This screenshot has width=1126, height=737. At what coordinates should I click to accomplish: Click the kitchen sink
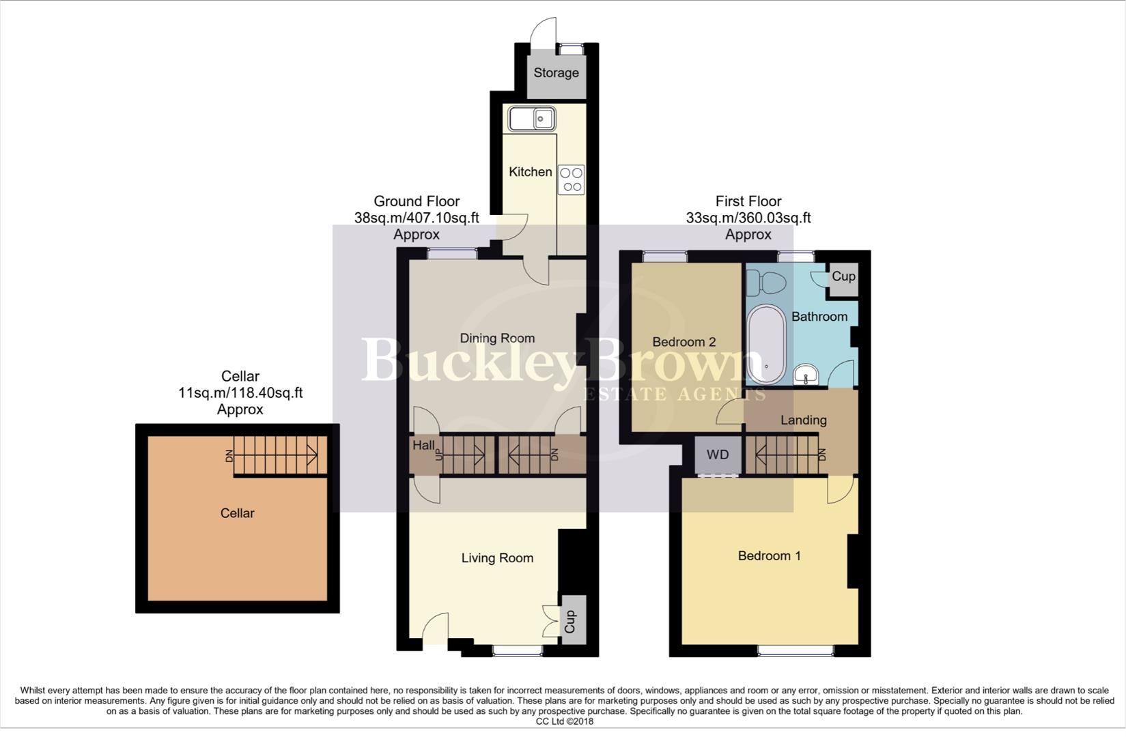[x=531, y=119]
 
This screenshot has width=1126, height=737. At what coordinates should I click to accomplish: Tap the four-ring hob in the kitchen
[x=571, y=179]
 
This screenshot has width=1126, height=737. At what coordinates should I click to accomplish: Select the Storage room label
[x=556, y=73]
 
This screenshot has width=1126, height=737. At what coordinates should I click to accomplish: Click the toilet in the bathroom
[x=766, y=282]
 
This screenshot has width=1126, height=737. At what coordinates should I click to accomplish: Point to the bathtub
[x=767, y=345]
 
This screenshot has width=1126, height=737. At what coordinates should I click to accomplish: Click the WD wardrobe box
[x=718, y=455]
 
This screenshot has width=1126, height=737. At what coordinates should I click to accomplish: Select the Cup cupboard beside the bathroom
[x=843, y=277]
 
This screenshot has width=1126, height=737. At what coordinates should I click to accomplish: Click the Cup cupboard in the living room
[x=571, y=621]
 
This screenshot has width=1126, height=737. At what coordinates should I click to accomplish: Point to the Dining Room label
[x=497, y=338]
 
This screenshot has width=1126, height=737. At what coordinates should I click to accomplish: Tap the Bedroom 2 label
[x=684, y=342]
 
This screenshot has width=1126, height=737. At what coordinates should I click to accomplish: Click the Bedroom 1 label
[x=769, y=556]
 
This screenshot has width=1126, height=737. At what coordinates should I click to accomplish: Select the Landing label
[x=803, y=420]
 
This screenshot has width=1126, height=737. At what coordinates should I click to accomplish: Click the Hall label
[x=423, y=446]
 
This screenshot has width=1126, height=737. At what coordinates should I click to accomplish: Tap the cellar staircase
[x=276, y=455]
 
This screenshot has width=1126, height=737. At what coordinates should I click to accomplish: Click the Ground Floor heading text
[x=417, y=201]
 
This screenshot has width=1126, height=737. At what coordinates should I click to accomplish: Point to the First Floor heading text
[x=748, y=201]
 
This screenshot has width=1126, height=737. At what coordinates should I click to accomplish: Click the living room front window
[x=518, y=651]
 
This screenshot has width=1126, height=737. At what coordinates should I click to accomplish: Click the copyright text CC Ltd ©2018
[x=564, y=721]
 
